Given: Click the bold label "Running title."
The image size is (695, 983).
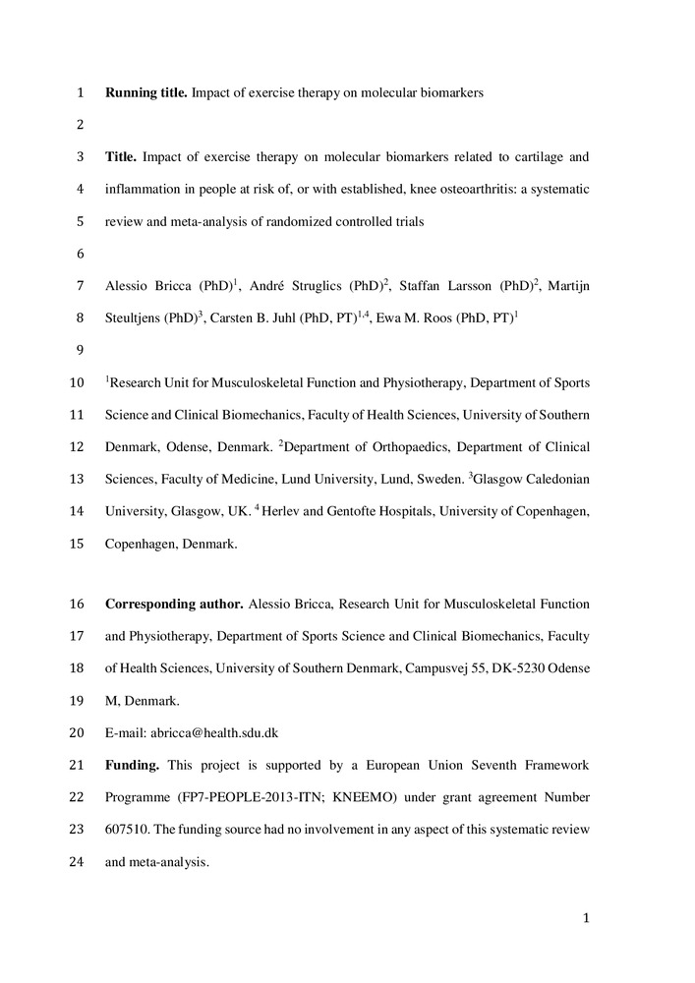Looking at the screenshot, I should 146,93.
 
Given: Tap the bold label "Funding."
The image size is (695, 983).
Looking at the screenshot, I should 133,765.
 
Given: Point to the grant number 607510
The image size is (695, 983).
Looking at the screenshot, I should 126,830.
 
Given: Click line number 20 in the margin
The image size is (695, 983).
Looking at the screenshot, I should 78,732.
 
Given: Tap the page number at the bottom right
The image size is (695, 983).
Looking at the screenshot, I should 585,918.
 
